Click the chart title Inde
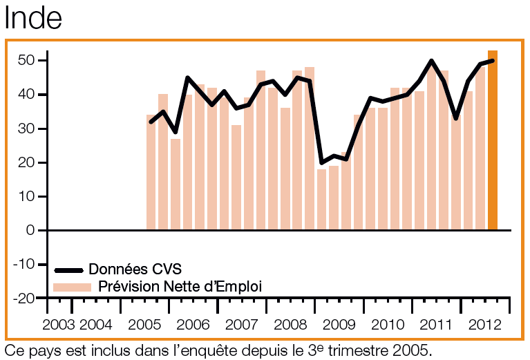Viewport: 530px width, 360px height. click(x=33, y=18)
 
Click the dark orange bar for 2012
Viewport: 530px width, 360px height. click(x=493, y=140)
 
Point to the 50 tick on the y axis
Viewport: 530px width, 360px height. click(x=26, y=61)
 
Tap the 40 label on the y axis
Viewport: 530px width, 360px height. click(x=26, y=95)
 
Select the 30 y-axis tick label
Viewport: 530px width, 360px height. click(x=26, y=129)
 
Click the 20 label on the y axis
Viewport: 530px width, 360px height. click(x=26, y=162)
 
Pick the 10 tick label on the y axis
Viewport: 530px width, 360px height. click(x=26, y=196)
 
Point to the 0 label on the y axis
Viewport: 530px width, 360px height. click(x=30, y=230)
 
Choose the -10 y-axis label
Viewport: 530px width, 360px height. click(x=23, y=264)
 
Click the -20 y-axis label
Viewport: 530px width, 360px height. click(x=23, y=298)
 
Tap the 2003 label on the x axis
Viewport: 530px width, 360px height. click(x=59, y=325)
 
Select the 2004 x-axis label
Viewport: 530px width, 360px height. click(x=95, y=325)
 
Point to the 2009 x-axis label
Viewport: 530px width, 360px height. click(x=339, y=325)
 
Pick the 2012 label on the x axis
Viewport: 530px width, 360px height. click(x=485, y=325)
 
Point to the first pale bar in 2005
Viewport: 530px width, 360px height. click(x=151, y=172)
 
